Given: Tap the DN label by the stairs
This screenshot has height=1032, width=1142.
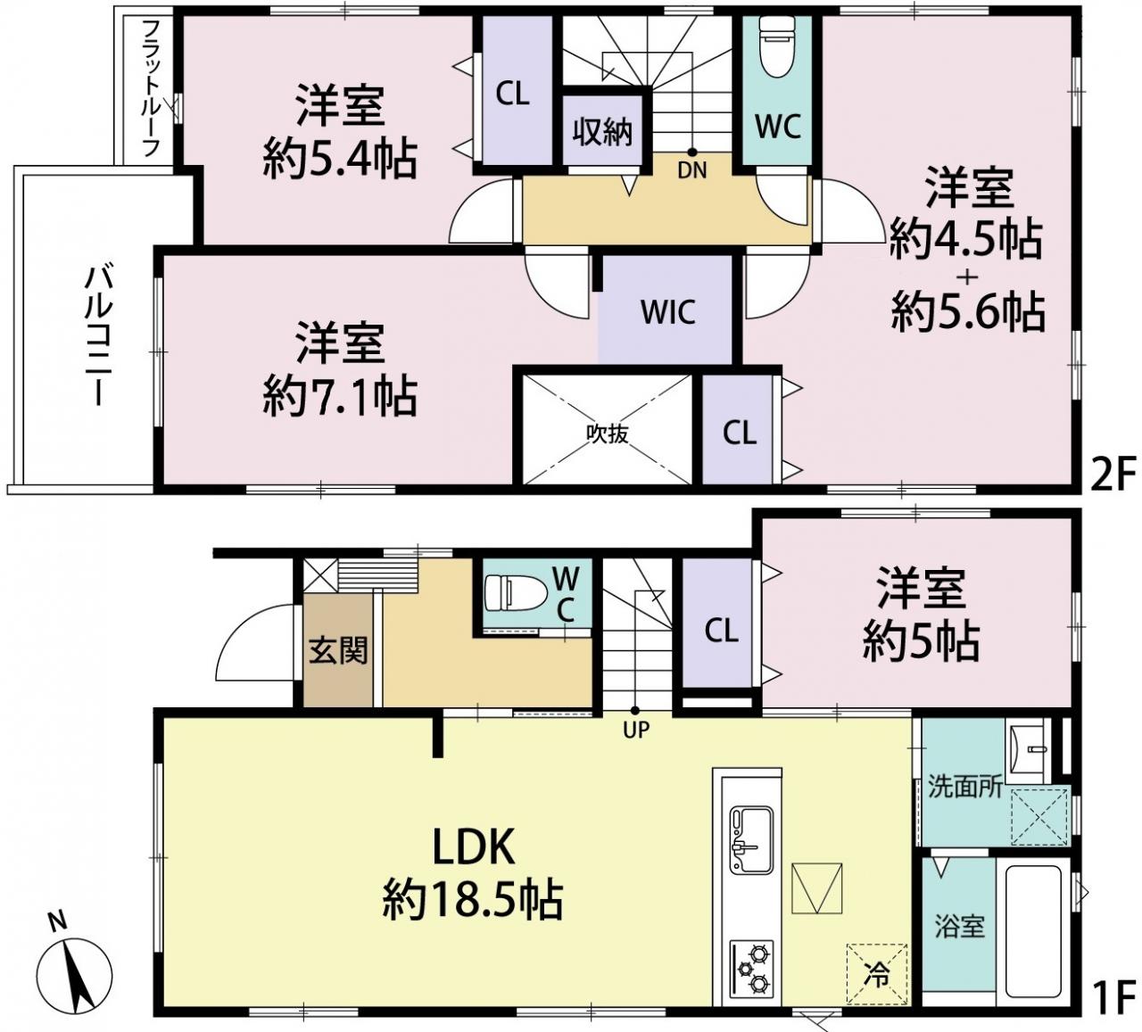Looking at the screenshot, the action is point(692,169).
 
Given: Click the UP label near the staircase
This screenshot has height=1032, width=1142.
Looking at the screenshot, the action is point(636,729).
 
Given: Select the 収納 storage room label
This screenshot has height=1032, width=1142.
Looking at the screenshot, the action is point(602,133).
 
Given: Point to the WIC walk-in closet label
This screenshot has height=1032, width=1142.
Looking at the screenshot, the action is point(667,311).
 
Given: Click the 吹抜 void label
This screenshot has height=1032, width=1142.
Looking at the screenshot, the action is point(608,433).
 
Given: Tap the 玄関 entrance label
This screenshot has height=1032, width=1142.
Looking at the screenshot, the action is point(338,649).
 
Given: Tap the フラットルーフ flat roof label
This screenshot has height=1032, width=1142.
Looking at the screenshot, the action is point(151,89).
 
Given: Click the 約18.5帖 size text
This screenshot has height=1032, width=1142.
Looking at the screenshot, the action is point(473,899).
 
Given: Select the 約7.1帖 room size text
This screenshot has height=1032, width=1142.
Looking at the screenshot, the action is point(340,395).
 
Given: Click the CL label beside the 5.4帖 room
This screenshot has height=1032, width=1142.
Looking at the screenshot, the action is point(512,94).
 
